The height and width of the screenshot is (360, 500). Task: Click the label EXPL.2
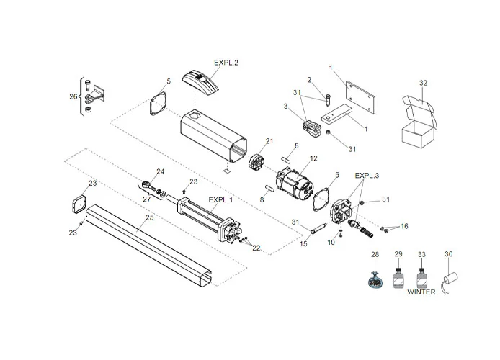click(226, 63)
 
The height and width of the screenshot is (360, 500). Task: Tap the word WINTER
click(421, 292)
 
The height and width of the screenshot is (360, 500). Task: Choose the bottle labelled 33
click(421, 276)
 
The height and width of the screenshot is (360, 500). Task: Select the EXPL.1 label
click(220, 199)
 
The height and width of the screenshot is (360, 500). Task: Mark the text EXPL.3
click(366, 175)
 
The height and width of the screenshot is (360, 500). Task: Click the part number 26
click(73, 96)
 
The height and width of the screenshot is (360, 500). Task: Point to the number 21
click(269, 141)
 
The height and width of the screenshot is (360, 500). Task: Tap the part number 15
click(303, 245)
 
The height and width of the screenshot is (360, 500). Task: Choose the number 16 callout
click(403, 226)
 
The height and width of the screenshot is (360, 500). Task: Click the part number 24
click(161, 171)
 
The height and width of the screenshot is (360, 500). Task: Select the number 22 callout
click(256, 248)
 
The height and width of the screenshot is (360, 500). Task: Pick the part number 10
click(331, 243)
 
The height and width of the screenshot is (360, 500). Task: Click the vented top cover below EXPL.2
click(204, 81)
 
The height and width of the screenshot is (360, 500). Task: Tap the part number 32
click(423, 84)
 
